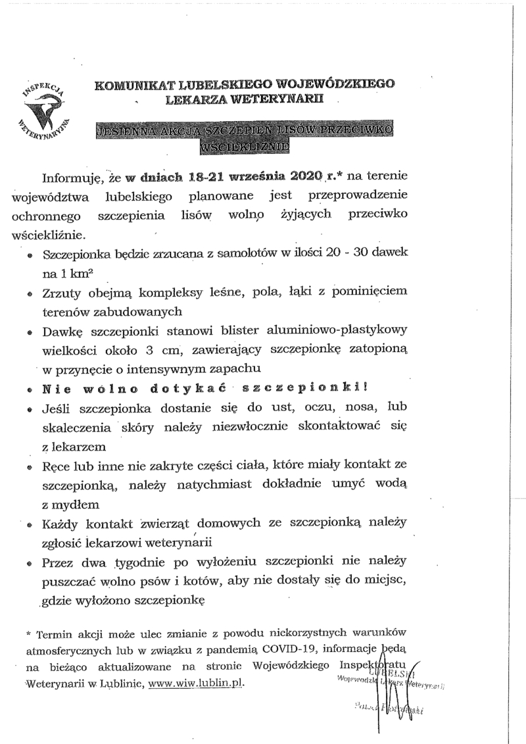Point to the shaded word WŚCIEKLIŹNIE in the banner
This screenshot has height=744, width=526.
point(246,147)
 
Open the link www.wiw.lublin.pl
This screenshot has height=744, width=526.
point(197,683)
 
